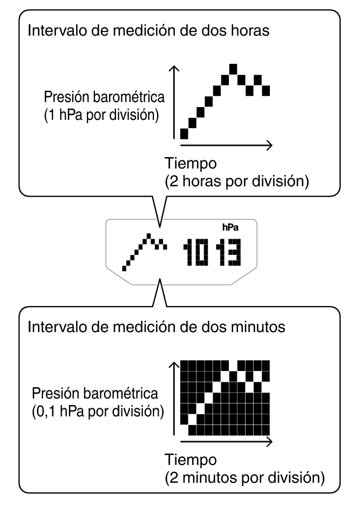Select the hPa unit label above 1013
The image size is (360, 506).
tap(230, 227)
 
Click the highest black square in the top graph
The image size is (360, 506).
tap(233, 69)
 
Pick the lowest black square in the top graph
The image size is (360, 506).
tap(184, 133)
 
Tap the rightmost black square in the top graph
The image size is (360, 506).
tap(266, 91)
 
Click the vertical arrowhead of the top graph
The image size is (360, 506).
tap(174, 68)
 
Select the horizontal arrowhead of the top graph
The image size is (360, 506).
tap(270, 145)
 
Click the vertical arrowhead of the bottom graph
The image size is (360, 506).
tap(174, 365)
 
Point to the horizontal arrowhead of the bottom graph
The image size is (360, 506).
tap(270, 441)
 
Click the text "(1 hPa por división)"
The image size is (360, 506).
tap(101, 115)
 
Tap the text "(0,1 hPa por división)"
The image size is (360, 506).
tap(98, 411)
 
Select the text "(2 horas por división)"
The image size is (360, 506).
tap(237, 181)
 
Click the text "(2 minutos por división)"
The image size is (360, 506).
tap(245, 478)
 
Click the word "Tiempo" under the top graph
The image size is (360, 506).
tap(191, 163)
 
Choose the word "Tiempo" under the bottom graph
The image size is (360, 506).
tap(191, 460)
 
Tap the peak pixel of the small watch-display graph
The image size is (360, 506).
tap(149, 235)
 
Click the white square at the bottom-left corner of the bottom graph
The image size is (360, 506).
tap(184, 430)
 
